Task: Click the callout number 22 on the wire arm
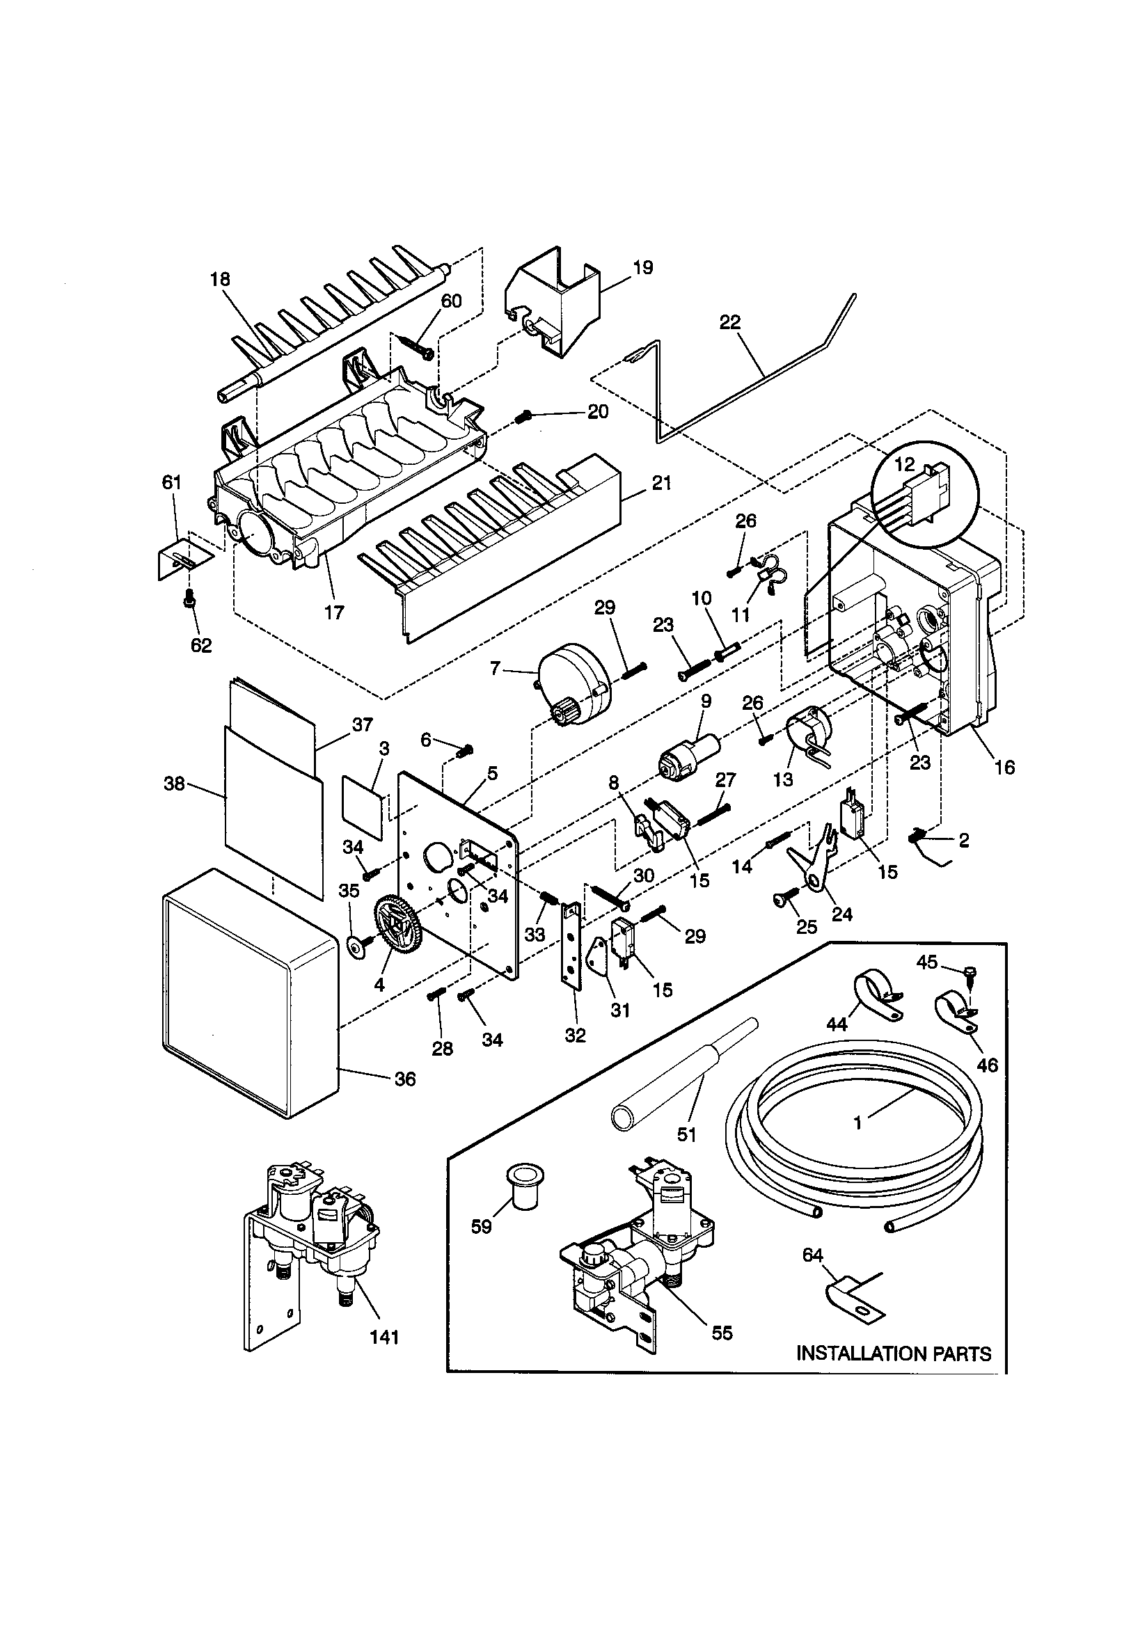[729, 322]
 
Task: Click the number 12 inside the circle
[905, 465]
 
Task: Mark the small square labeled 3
[363, 808]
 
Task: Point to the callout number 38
[174, 784]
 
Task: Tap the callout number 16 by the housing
[1004, 767]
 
